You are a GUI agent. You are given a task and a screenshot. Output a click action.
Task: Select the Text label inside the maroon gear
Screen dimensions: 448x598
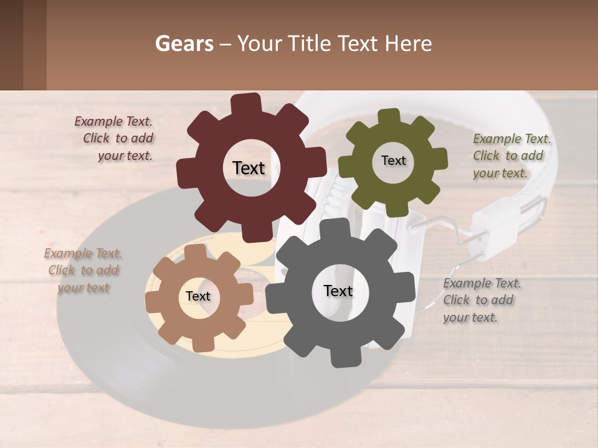249,168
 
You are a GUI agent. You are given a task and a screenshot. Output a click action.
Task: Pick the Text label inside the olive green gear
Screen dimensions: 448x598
393,161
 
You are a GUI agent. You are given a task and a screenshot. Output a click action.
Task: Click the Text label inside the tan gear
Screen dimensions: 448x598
197,297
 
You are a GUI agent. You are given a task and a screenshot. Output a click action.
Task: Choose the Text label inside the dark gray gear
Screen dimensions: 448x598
338,291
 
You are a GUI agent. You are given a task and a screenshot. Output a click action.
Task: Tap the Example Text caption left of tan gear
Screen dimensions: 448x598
83,270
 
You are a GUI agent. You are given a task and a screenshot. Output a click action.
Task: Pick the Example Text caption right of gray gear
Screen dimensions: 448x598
481,300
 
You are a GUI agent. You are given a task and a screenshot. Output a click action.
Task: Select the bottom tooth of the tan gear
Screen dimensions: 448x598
201,341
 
